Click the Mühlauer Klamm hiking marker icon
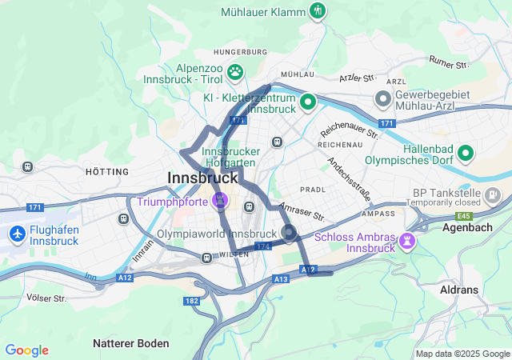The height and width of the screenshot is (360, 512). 318,11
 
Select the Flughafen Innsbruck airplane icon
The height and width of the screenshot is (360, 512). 17,234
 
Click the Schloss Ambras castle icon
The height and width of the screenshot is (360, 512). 408,239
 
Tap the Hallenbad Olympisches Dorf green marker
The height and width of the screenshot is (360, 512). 466,152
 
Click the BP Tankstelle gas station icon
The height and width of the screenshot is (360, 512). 494,194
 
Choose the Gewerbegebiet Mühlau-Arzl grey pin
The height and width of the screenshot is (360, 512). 383,99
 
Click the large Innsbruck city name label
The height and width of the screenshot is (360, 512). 203,178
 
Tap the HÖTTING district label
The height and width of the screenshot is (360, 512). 106,172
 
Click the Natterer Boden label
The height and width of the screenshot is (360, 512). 131,343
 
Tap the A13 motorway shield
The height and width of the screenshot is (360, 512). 280,278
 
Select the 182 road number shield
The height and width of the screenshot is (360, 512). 191,300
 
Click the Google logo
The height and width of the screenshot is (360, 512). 26,350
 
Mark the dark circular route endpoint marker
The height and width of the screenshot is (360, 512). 289,233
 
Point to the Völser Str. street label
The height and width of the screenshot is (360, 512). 46,298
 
